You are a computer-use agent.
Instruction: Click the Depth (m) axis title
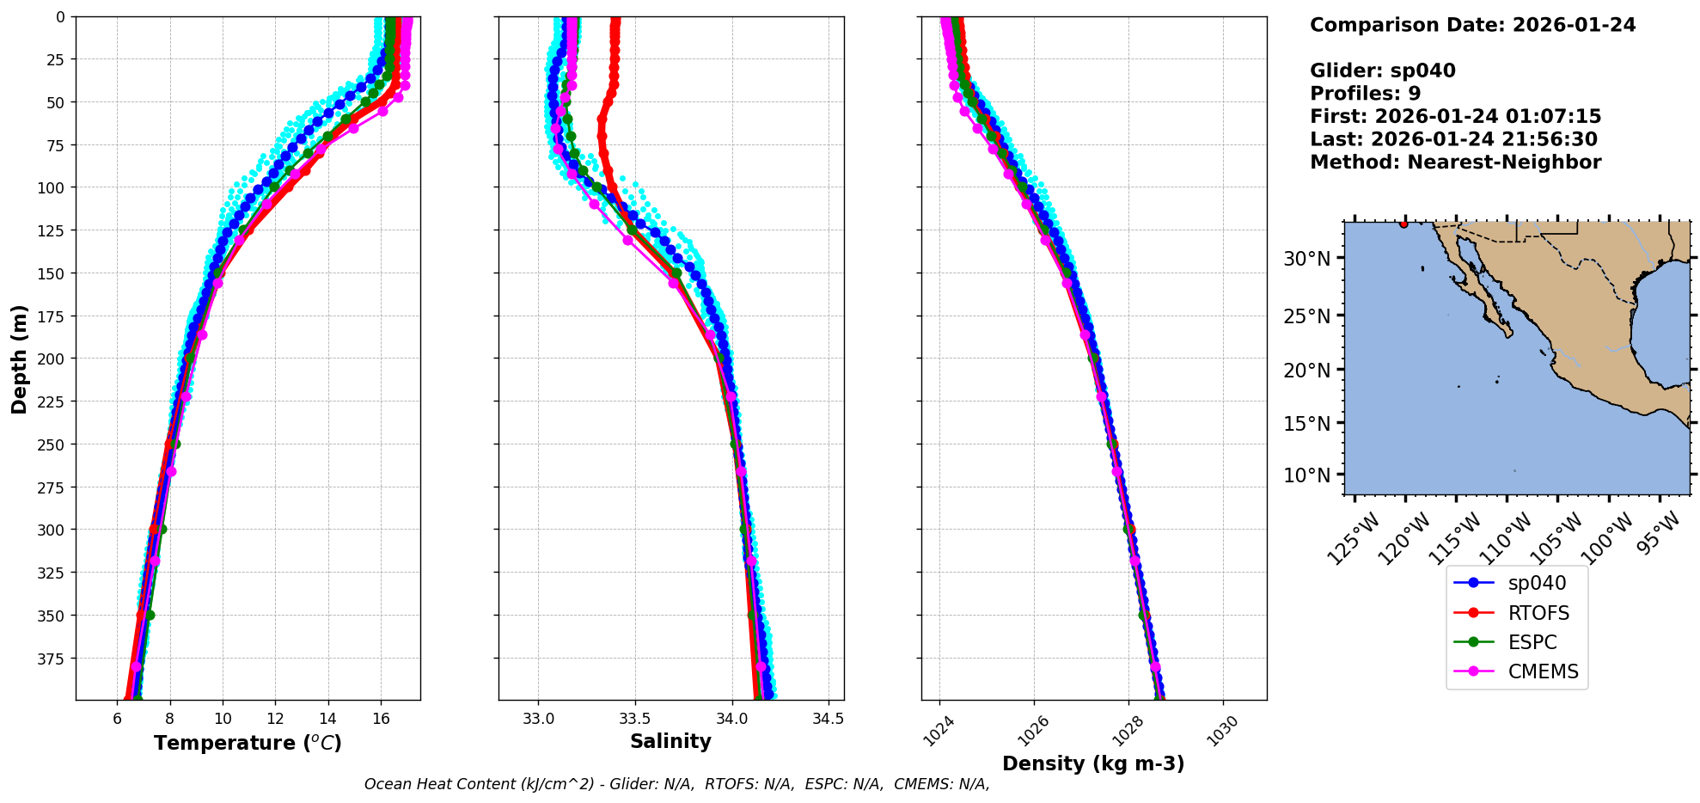[x=19, y=359]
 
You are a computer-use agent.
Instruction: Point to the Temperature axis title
[x=248, y=743]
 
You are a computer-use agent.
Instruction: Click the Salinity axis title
[x=670, y=741]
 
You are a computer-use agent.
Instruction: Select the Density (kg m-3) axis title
[x=1093, y=763]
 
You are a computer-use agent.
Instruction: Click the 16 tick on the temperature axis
[x=381, y=719]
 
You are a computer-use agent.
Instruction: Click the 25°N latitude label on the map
[x=1306, y=316]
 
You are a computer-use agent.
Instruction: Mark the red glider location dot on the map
[x=1403, y=224]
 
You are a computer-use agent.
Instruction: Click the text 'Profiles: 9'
[x=1365, y=94]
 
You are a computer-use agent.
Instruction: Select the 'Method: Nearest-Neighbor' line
[x=1455, y=162]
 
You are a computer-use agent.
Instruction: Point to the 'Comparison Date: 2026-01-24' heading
[x=1472, y=25]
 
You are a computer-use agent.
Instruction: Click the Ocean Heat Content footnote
[x=676, y=784]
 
